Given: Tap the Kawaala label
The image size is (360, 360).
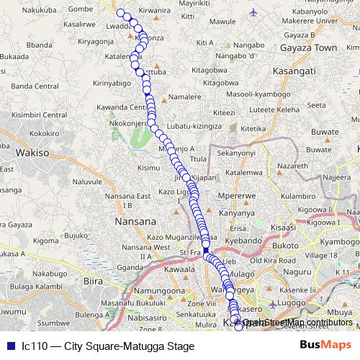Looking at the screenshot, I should pyautogui.click(x=181, y=269).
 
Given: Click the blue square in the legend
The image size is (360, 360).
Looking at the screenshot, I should pyautogui.click(x=9, y=346).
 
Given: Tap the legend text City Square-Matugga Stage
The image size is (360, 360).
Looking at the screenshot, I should pyautogui.click(x=107, y=346).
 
